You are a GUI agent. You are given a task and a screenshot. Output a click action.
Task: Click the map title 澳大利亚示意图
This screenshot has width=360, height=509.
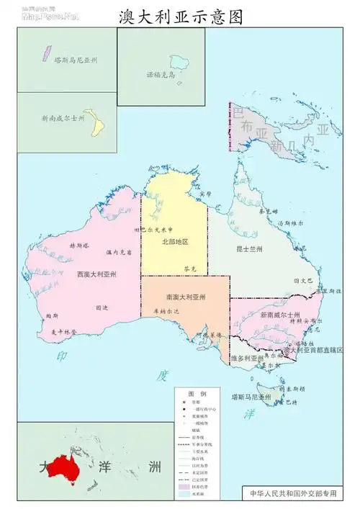pos(180,17)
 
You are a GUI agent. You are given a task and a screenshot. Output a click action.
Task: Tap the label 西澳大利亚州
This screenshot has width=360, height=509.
pos(97,274)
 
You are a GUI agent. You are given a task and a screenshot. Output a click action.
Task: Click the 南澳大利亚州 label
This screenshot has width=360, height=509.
pos(186,297)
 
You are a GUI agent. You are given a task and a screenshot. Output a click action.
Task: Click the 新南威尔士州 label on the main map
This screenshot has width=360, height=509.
pos(280,315)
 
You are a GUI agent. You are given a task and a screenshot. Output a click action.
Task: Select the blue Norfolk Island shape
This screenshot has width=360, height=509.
pos(178,63)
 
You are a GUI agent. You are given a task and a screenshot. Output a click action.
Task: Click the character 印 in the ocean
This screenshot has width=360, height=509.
pos(63,356)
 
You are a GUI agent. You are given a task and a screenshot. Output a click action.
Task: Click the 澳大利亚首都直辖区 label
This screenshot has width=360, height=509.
pos(318,349)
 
